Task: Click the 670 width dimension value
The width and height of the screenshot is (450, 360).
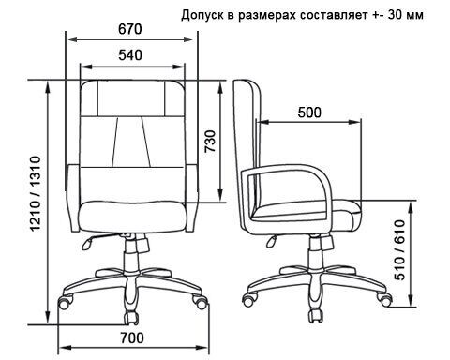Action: [x=130, y=29]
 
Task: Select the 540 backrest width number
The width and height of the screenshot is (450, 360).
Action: [x=130, y=55]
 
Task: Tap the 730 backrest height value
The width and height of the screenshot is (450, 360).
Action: [x=210, y=141]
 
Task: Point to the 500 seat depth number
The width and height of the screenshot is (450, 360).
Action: [x=309, y=112]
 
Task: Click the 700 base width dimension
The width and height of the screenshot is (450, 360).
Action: [x=132, y=337]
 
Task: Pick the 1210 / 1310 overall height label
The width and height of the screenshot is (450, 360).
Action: [x=35, y=193]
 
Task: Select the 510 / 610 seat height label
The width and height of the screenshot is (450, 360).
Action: [x=399, y=249]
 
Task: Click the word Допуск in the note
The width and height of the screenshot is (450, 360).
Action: [x=204, y=15]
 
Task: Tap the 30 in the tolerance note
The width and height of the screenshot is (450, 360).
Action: [x=395, y=15]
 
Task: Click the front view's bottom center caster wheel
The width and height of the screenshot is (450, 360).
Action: [x=131, y=318]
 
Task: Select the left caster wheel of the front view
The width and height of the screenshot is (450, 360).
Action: [x=66, y=302]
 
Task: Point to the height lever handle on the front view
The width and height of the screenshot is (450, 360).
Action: [x=87, y=244]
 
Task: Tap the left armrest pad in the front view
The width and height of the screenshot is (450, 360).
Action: [x=74, y=198]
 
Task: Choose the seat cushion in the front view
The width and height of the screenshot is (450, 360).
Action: [x=133, y=217]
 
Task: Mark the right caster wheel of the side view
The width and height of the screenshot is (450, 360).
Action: [x=383, y=299]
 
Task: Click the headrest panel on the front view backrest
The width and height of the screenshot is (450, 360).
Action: [x=131, y=98]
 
